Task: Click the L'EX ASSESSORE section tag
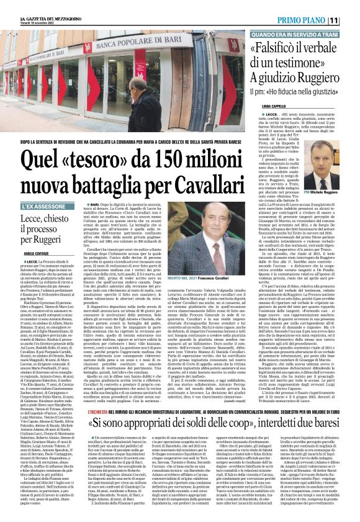tap(43, 206)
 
